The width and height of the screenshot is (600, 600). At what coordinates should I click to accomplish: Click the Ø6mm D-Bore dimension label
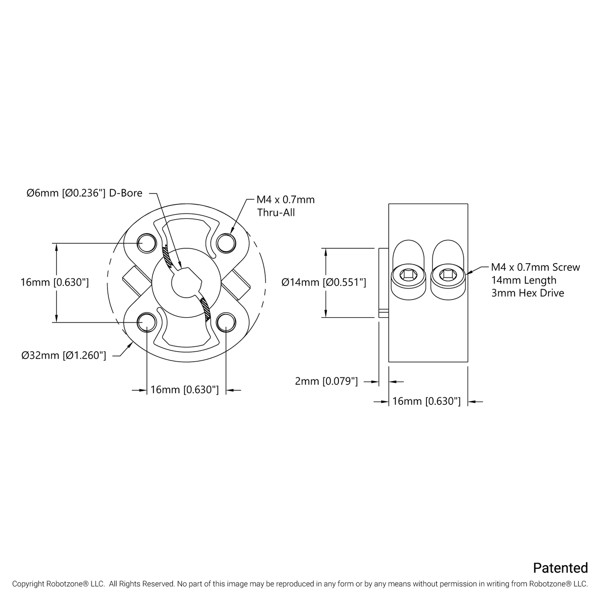click(x=84, y=193)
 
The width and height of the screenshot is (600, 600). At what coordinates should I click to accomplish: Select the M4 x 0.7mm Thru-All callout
click(x=286, y=206)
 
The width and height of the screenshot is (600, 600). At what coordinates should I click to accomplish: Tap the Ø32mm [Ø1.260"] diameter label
click(x=64, y=355)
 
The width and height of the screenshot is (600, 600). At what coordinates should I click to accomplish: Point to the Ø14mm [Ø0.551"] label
click(x=323, y=283)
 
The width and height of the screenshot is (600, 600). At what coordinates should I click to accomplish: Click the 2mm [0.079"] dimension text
click(x=326, y=381)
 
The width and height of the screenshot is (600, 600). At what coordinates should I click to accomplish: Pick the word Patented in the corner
click(x=560, y=568)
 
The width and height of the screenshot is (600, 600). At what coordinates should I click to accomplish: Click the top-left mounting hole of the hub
click(x=146, y=243)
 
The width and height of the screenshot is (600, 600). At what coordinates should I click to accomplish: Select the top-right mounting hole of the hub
click(x=225, y=243)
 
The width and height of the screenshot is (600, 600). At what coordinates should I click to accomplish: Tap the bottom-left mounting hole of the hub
click(x=146, y=322)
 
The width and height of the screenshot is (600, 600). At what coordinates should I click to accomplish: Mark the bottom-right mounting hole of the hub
click(x=225, y=322)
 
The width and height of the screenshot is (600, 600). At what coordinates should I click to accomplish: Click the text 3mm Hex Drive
click(x=527, y=293)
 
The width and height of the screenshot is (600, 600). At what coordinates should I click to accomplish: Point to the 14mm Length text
click(x=523, y=280)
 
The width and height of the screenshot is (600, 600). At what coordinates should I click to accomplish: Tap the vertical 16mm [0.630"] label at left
click(x=55, y=283)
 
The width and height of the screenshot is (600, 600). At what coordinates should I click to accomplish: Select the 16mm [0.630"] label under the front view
click(x=184, y=390)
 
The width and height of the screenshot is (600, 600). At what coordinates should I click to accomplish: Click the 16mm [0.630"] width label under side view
click(x=426, y=402)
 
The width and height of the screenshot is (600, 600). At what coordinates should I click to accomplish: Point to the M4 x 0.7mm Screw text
click(x=535, y=267)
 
